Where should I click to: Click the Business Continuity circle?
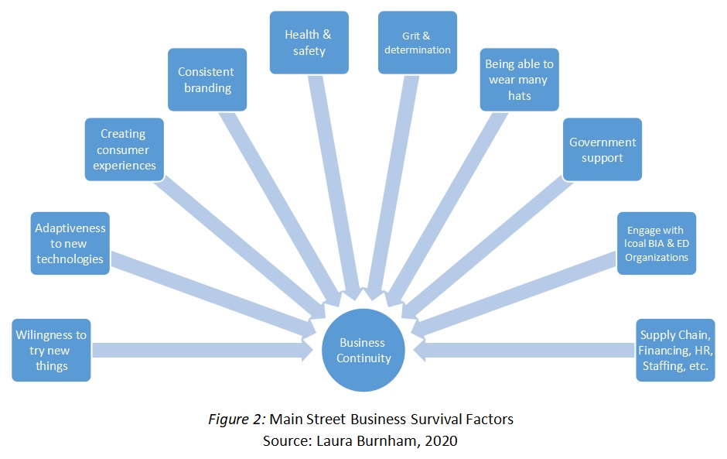[364, 351]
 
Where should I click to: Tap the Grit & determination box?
[415, 43]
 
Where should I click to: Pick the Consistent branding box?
[207, 80]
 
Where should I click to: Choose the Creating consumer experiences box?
[125, 149]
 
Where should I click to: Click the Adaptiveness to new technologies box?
[70, 243]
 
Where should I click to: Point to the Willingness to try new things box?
[52, 350]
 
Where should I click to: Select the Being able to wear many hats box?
[517, 80]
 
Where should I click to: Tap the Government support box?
[602, 149]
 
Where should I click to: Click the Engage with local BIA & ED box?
[657, 243]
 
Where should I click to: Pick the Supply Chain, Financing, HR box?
[674, 350]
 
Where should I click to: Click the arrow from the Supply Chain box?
[526, 351]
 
